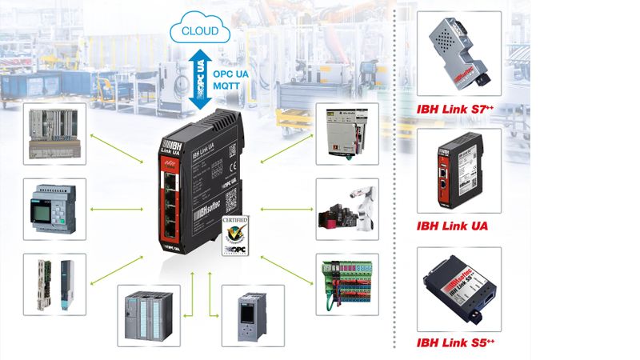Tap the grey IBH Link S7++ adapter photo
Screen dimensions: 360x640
[x=458, y=53]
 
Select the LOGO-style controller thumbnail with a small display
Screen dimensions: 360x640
[x=54, y=209]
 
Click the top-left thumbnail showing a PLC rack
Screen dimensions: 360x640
[x=54, y=133]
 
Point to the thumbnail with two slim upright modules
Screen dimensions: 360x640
[x=54, y=285]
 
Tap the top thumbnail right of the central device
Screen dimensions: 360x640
[x=345, y=133]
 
